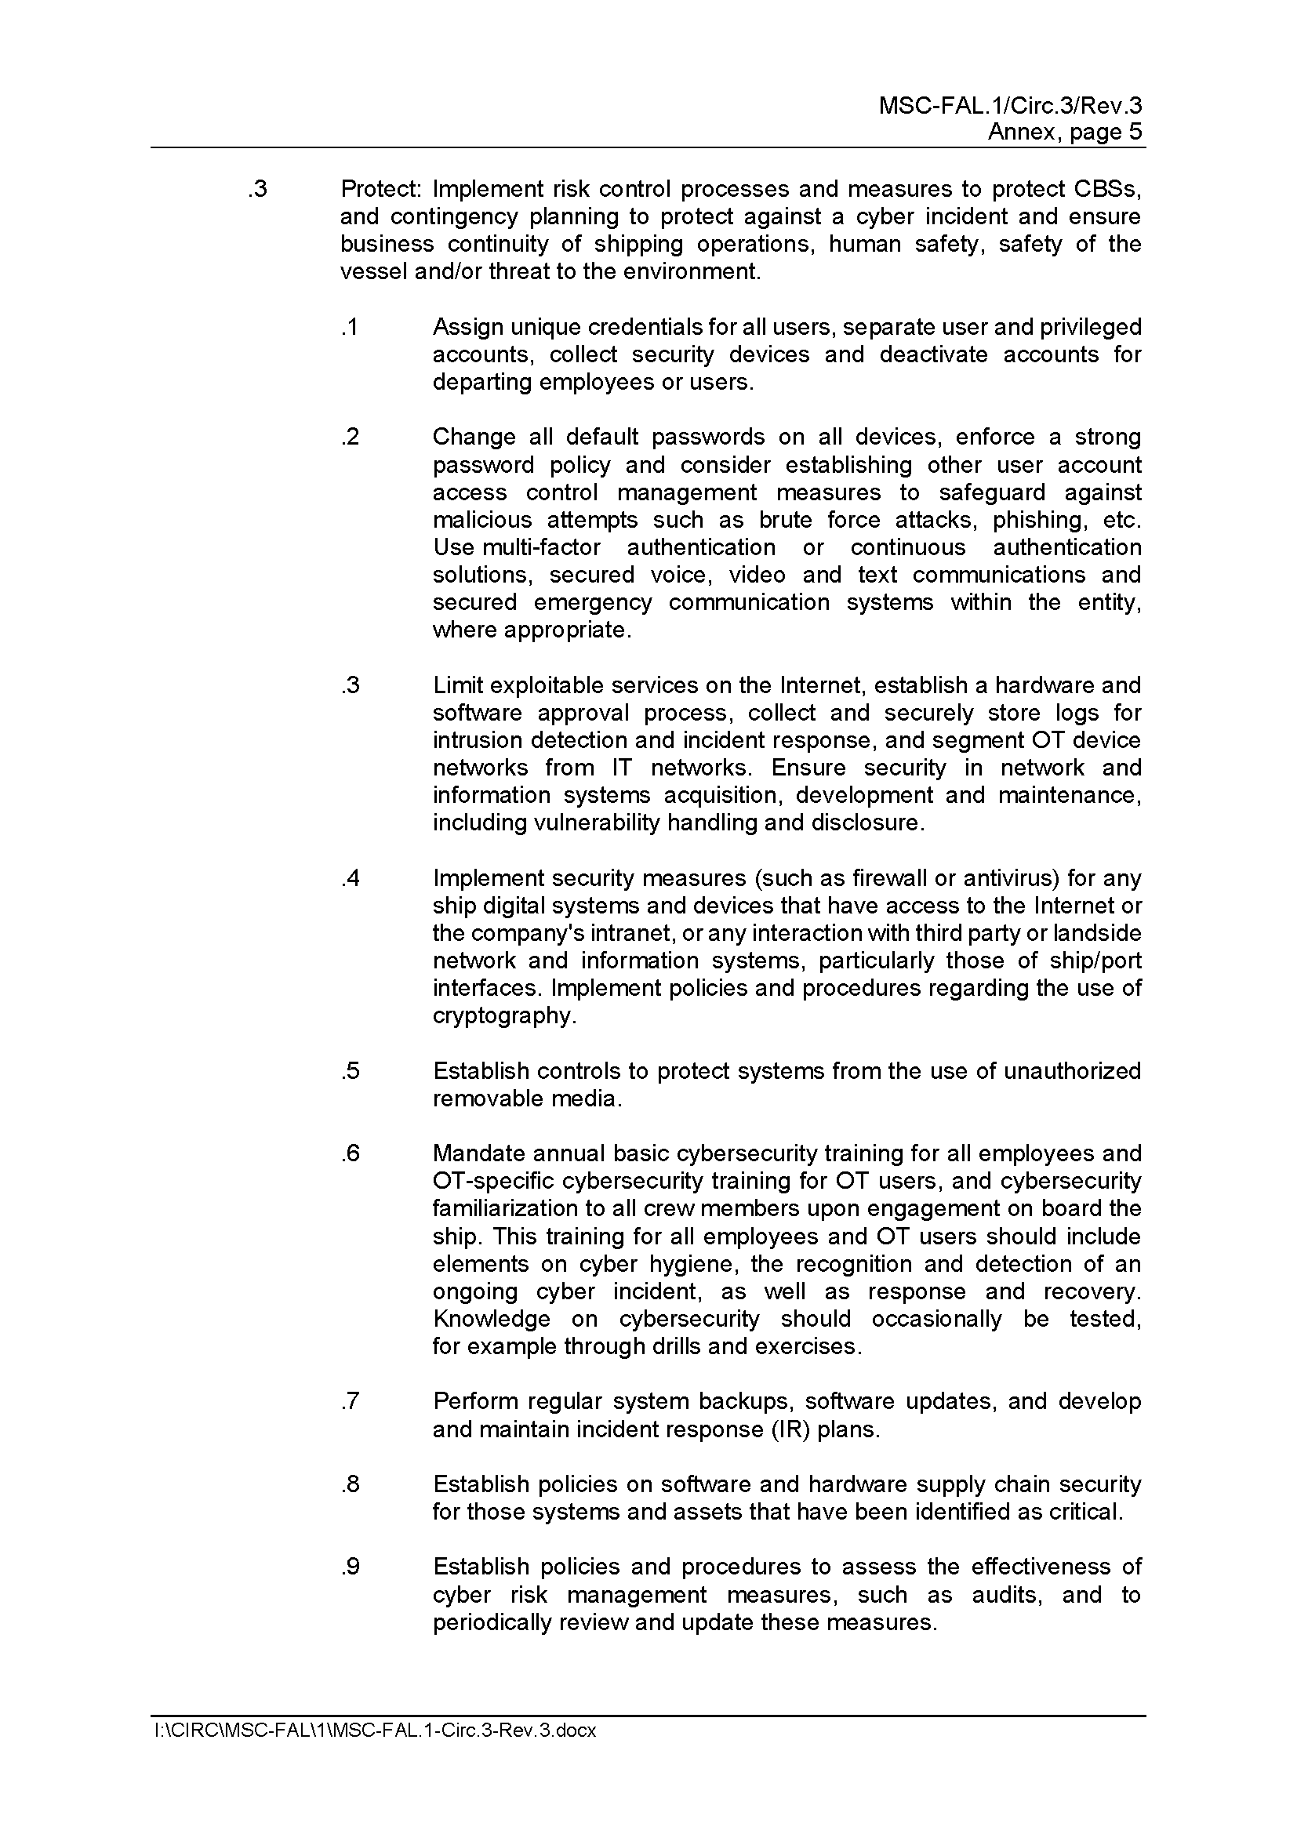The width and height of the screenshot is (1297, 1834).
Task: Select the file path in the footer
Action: click(376, 1730)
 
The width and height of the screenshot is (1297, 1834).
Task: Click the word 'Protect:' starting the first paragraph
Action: click(380, 189)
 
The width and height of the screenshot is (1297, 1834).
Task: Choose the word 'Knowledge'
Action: click(491, 1319)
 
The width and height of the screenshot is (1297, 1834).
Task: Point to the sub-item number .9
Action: click(350, 1567)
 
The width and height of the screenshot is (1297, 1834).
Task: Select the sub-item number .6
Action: click(350, 1153)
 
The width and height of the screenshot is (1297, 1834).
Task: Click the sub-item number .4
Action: click(350, 878)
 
